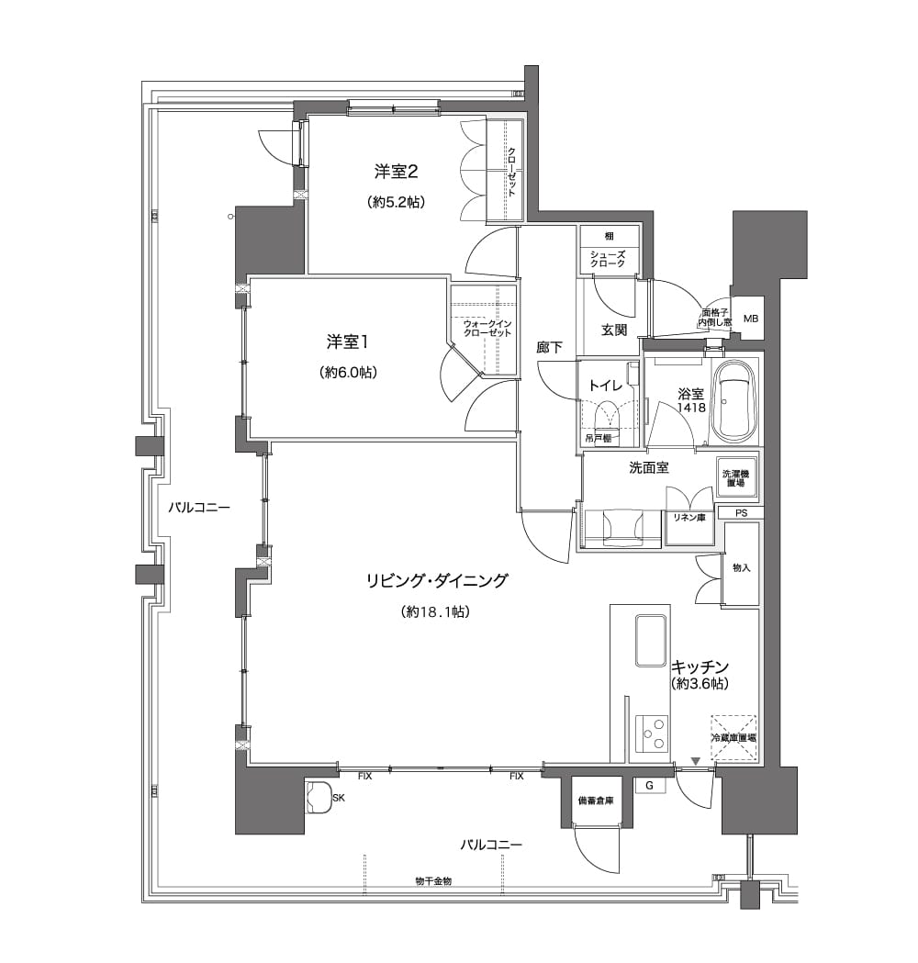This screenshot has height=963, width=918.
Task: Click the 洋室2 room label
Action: click(x=396, y=172)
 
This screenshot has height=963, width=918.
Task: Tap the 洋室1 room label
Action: click(x=348, y=342)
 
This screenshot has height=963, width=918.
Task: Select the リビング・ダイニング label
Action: click(x=437, y=580)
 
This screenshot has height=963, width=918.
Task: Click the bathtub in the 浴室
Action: click(x=733, y=402)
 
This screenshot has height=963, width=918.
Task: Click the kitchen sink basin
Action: click(x=651, y=641)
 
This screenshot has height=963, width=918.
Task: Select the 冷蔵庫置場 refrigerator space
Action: click(x=733, y=737)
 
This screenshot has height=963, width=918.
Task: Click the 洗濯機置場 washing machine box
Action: click(x=735, y=477)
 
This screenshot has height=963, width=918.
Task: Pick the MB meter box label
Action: click(x=750, y=319)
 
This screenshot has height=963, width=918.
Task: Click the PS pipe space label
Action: click(x=741, y=512)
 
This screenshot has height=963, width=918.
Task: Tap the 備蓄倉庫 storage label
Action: click(x=596, y=801)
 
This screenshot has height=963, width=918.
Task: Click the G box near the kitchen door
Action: click(x=649, y=786)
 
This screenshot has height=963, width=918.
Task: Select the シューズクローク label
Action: click(x=608, y=259)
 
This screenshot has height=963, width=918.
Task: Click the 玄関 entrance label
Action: click(x=613, y=330)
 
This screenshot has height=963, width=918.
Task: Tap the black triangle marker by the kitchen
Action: click(x=695, y=762)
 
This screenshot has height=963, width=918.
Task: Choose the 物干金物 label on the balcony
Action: click(x=433, y=881)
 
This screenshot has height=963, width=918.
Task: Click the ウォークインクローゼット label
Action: click(x=487, y=328)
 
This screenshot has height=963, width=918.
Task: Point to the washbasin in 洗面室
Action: click(x=624, y=528)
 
